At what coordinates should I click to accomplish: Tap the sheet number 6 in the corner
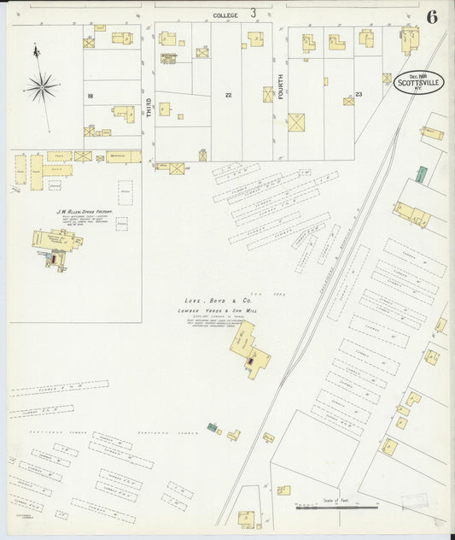pos(433,17)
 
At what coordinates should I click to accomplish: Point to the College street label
pos(225,15)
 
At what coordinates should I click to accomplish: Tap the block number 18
pos(89,97)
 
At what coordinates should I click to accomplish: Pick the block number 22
pos(228,95)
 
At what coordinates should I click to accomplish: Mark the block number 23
pos(359,95)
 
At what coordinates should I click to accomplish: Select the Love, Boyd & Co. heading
pos(217,301)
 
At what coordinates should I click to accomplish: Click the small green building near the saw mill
pos(211,426)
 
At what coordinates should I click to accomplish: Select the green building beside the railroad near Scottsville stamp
pos(421,173)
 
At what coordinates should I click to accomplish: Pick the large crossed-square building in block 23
pos(296,122)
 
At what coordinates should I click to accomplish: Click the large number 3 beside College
pos(254,13)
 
